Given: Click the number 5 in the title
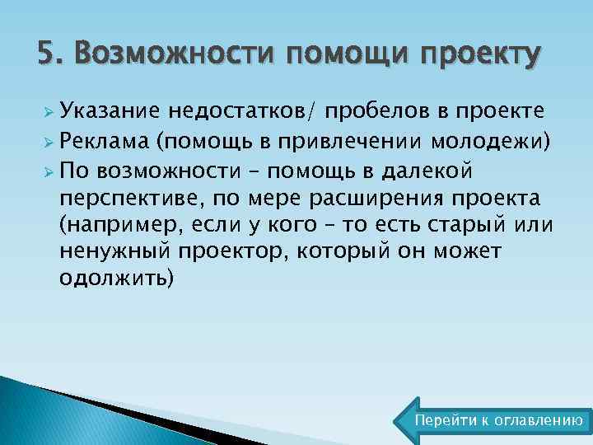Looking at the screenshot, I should click(46, 54).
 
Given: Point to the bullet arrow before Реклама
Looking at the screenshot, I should click(49, 142).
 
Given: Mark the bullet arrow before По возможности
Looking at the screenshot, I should click(49, 171).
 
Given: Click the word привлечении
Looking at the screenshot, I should click(353, 142).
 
